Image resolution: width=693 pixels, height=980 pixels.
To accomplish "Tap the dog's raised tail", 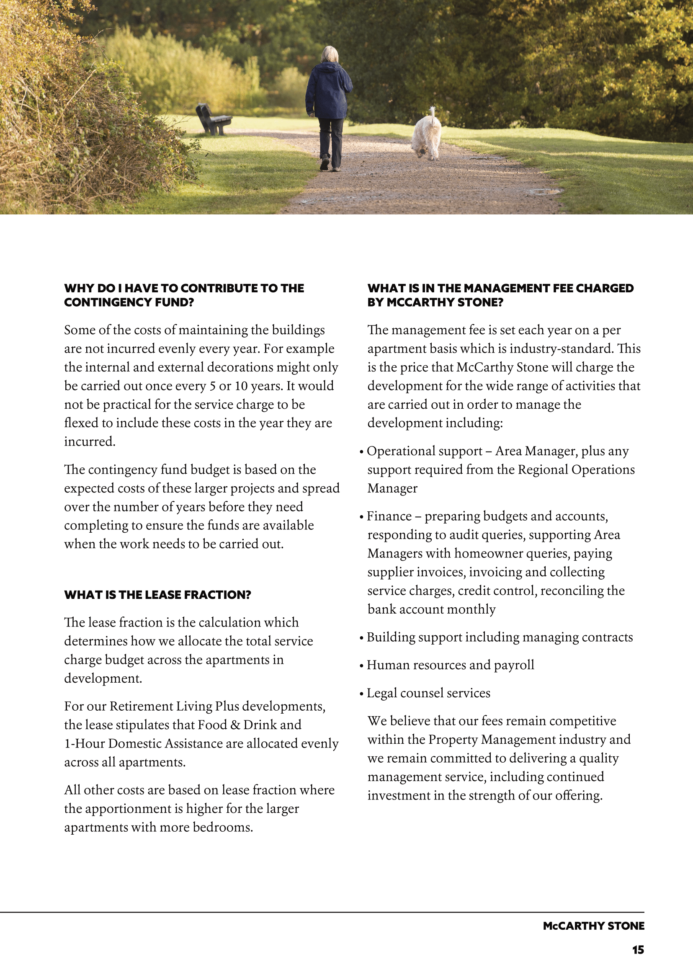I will coord(433,113).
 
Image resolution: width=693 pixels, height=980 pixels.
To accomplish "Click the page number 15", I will coord(638,950).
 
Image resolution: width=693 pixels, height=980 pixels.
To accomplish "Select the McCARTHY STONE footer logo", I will coord(593,926).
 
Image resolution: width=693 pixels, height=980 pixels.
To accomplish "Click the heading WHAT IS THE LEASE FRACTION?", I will coord(157,595).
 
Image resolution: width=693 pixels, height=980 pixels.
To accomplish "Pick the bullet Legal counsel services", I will coord(428,693).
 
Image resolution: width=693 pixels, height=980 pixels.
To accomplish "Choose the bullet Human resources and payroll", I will coord(450,665).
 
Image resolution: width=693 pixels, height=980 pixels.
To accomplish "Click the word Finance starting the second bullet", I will coord(389,516).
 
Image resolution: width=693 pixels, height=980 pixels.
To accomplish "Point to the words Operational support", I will coord(424,451).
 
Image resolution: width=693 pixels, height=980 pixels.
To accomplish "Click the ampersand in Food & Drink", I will coord(235,725).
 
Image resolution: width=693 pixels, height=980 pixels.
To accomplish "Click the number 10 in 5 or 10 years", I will coord(241,386).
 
